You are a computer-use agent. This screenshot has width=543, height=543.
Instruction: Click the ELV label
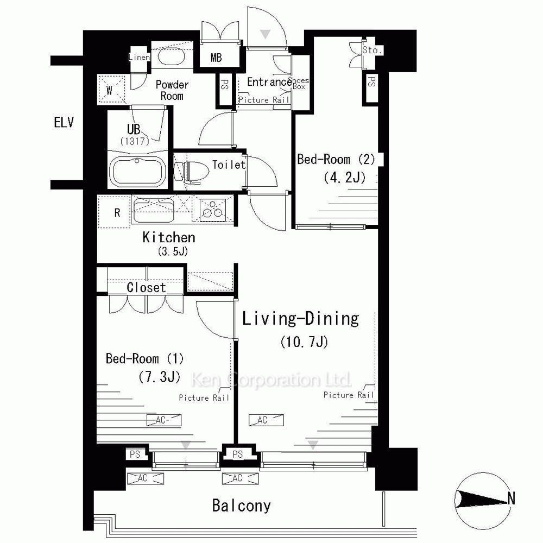click(x=64, y=122)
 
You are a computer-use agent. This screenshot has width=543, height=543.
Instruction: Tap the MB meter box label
click(x=216, y=58)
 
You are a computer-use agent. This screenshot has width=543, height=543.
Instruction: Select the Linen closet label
click(x=139, y=57)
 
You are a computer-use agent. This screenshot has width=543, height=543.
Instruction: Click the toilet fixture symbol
click(x=192, y=172)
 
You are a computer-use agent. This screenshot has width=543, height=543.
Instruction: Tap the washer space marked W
click(x=110, y=90)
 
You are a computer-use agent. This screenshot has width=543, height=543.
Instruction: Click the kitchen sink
click(x=154, y=210)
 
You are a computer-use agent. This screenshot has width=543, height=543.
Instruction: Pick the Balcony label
click(x=242, y=506)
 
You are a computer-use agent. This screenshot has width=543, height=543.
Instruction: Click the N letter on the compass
click(x=511, y=498)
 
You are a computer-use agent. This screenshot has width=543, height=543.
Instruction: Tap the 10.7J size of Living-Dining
click(x=304, y=342)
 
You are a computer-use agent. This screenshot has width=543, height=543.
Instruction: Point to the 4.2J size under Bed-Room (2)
click(x=345, y=178)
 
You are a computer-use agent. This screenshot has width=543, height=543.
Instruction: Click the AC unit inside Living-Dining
click(x=266, y=420)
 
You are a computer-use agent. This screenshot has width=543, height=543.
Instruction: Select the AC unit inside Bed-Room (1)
click(x=164, y=420)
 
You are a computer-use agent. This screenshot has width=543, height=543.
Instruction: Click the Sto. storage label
click(x=372, y=50)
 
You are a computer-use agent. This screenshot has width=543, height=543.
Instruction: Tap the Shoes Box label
click(x=299, y=84)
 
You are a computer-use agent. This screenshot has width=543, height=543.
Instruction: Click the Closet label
click(x=146, y=287)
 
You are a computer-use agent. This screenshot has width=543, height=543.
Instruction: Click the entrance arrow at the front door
click(x=266, y=34)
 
